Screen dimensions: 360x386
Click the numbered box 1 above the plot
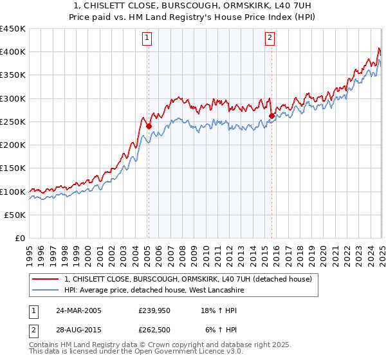(x=147, y=39)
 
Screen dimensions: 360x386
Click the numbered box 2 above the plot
(x=270, y=39)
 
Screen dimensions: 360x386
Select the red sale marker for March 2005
(x=149, y=127)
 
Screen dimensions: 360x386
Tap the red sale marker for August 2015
(x=271, y=116)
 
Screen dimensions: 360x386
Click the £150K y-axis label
(x=14, y=168)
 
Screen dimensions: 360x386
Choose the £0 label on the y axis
(x=20, y=239)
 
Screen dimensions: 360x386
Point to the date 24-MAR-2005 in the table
(x=78, y=310)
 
